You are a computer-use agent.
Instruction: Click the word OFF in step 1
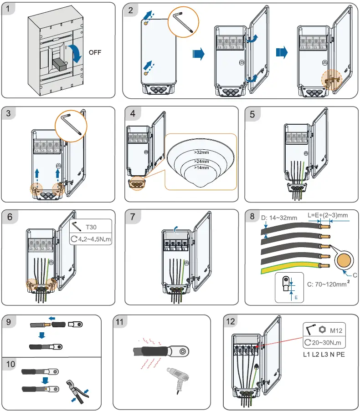[95, 52]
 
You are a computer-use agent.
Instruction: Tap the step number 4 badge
[132, 114]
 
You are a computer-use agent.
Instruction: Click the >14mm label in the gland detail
[201, 168]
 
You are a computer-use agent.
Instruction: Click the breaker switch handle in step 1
[59, 65]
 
